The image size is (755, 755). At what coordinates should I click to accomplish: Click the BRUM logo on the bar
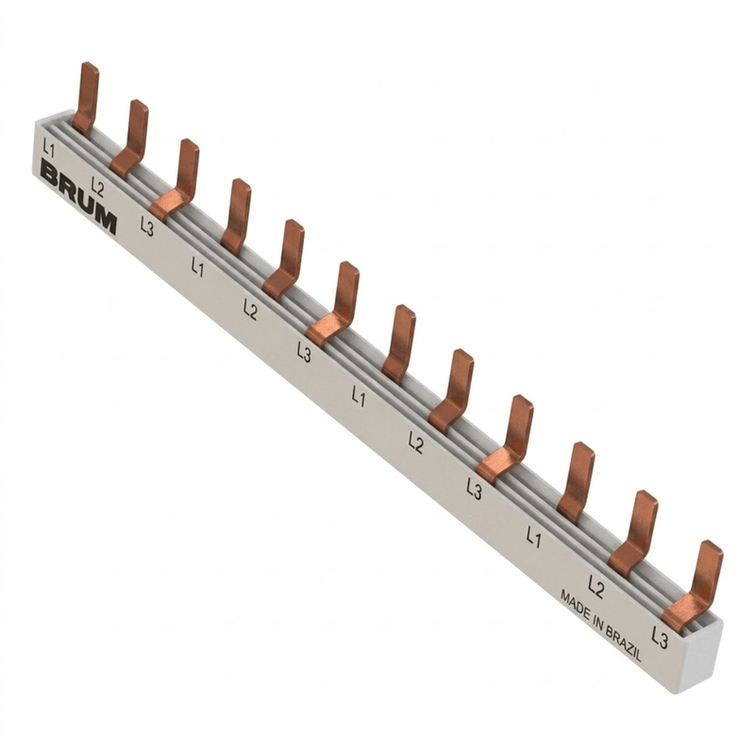pyautogui.click(x=78, y=197)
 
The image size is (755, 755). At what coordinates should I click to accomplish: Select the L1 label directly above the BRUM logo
pyautogui.click(x=49, y=149)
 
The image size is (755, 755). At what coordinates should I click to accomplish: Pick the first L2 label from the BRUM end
pyautogui.click(x=97, y=187)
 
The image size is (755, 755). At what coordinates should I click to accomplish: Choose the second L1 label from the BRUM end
pyautogui.click(x=197, y=267)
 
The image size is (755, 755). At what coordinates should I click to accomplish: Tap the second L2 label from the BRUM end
pyautogui.click(x=250, y=310)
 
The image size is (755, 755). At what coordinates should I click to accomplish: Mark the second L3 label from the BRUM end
pyautogui.click(x=304, y=351)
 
